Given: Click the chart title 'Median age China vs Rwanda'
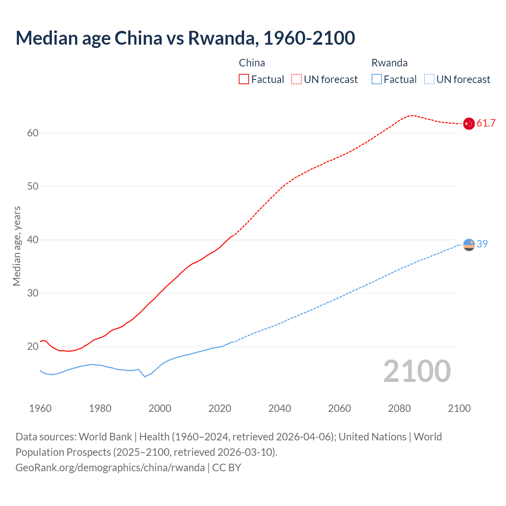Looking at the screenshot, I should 185,38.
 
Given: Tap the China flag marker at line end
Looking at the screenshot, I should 468,123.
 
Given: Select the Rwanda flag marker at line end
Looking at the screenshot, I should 468,245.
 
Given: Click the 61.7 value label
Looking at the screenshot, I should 486,123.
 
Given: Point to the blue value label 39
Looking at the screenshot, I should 482,244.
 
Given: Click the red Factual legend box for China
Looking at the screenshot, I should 244,79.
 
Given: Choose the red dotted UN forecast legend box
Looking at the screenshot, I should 296,79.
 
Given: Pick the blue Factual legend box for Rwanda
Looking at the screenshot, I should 376,79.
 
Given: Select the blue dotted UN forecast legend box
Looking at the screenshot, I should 429,79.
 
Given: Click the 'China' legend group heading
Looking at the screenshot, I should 252,63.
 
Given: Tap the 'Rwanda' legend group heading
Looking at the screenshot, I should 389,63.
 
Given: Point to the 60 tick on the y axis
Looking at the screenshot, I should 33,133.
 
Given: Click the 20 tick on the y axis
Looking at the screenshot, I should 33,347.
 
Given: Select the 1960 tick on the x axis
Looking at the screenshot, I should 40,408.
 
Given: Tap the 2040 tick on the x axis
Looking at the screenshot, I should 279,408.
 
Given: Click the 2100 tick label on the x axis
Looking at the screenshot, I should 459,408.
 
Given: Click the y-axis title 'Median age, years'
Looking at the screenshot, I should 17,246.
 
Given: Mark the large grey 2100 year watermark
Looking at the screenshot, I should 417,371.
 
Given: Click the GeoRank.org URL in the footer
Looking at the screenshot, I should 110,468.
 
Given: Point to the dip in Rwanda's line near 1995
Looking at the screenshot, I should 145,376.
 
